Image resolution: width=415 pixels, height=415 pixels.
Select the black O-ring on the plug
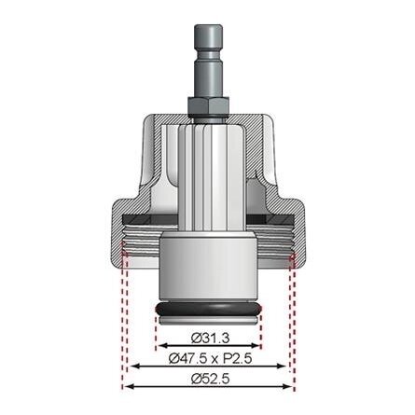tap(208, 309)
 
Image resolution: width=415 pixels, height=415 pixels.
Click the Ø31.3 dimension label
tap(208, 337)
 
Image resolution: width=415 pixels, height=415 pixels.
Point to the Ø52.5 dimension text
tap(208, 377)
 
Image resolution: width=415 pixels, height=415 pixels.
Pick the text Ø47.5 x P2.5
tap(208, 357)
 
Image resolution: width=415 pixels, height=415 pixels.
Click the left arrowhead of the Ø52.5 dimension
tap(127, 386)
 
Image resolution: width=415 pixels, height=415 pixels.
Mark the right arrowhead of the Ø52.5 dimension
tap(290, 386)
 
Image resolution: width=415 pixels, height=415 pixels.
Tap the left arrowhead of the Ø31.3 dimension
tap(159, 346)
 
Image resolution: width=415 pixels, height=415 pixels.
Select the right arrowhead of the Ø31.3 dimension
tap(257, 346)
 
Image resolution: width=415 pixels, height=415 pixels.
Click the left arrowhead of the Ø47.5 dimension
tap(133, 367)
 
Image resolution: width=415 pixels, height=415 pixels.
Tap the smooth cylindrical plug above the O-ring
tap(208, 270)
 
